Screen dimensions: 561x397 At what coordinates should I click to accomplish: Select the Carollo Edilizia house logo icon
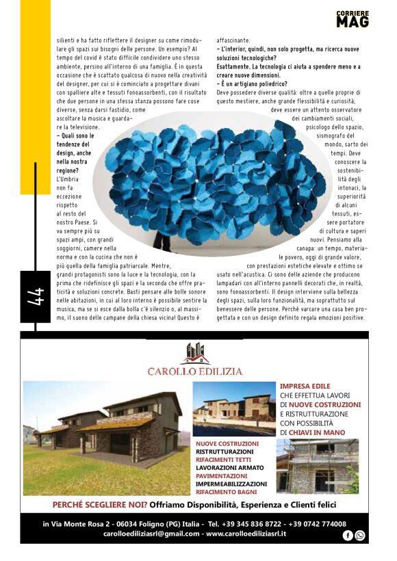(195, 353)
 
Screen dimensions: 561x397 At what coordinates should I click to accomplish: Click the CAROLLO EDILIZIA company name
(195, 371)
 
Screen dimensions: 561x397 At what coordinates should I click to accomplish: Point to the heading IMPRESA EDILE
(305, 387)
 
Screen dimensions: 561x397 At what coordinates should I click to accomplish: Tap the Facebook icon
(348, 535)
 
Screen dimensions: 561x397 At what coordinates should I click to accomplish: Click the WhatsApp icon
(360, 535)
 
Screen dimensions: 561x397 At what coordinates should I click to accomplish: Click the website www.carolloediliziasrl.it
(255, 534)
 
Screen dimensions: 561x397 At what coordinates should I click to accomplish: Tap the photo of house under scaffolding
(317, 467)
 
